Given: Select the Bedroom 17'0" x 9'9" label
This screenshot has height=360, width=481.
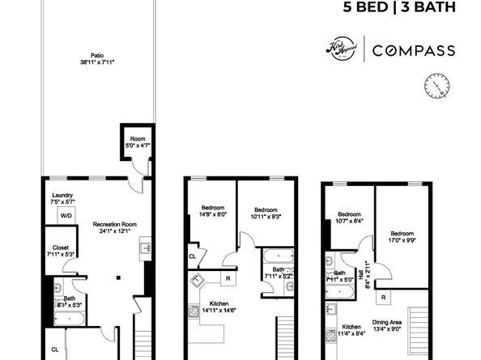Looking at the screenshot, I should (x=401, y=237).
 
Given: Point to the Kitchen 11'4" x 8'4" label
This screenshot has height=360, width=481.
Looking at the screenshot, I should (x=351, y=331).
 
